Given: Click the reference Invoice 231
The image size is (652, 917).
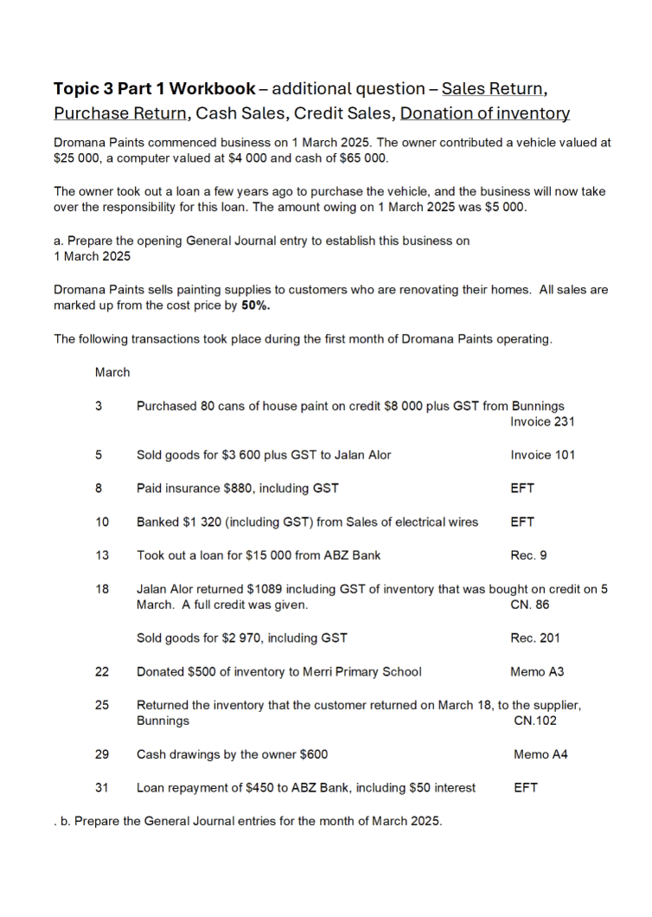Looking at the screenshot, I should pos(542,422).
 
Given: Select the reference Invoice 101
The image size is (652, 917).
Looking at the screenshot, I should pos(542,455).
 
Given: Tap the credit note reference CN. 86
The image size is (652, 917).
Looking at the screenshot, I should pos(530,605).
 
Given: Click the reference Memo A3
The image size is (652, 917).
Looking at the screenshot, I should pos(537,671).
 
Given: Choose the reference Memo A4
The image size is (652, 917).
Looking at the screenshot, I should pos(540,754).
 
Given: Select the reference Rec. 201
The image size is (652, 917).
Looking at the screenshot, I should pos(534,638).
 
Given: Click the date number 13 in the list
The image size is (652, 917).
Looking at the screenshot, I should pos(102,555).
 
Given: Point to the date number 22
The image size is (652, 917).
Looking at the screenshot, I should pos(102,671).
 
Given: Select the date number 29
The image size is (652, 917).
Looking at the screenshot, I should pos(102,754).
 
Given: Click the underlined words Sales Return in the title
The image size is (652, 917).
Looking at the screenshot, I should pos(494,88).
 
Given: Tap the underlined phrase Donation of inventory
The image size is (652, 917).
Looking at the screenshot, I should pos(485,113).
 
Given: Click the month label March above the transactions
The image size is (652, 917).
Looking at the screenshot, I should pos(112,373).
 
